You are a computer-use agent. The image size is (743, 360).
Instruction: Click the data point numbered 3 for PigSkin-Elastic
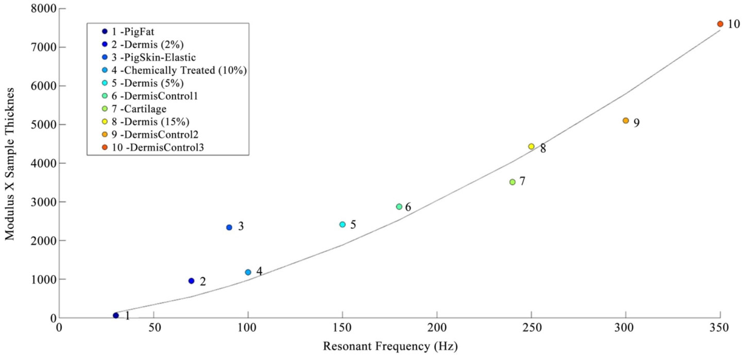click(x=229, y=228)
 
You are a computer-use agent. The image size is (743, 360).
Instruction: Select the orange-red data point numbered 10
click(x=720, y=24)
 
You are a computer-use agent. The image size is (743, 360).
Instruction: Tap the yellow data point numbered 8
click(x=531, y=147)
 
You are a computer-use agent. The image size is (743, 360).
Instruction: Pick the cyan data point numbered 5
click(x=342, y=225)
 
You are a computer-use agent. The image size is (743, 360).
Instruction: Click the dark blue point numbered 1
click(x=116, y=316)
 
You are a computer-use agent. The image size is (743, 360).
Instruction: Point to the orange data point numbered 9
click(x=626, y=121)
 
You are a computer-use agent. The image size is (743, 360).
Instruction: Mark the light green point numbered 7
click(x=512, y=182)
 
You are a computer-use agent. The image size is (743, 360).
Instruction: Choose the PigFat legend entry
click(x=129, y=31)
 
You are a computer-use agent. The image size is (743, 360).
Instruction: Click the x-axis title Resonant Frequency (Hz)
click(x=390, y=346)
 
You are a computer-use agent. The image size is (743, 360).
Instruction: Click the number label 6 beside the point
click(x=408, y=207)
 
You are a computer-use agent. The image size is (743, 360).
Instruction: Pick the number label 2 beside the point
click(x=203, y=282)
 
